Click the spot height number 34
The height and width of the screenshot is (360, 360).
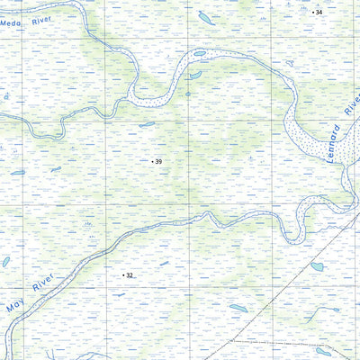[x=318, y=13]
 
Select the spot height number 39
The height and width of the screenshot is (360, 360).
[x=158, y=162]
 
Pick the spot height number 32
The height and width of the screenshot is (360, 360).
[x=130, y=275]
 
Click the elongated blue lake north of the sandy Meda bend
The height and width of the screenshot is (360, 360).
[x=206, y=18]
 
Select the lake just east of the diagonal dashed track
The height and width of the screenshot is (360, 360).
[x=317, y=266]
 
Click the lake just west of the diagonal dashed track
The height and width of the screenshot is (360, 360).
[x=238, y=308]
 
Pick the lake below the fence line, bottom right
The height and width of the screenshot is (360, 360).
[x=323, y=352]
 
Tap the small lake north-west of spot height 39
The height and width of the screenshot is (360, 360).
[x=147, y=124]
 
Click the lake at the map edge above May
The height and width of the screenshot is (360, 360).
[x=5, y=262]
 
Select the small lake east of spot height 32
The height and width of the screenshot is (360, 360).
[x=164, y=264]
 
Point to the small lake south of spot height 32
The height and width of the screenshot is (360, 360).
[x=120, y=294]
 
